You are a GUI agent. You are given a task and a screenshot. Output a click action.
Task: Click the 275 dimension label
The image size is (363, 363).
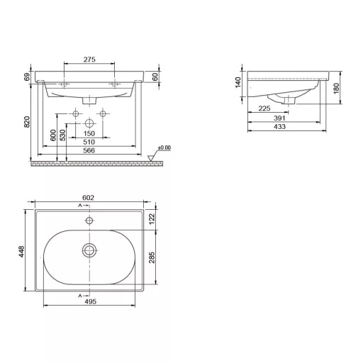[x=89, y=60]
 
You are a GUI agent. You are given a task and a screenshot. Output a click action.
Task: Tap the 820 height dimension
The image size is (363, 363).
[x=27, y=122]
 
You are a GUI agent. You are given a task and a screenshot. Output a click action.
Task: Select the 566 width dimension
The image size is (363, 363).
[x=89, y=150]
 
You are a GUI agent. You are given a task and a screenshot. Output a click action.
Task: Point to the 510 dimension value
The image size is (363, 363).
[x=89, y=142]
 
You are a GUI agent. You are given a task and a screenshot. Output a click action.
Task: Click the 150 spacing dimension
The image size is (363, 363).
[x=89, y=133]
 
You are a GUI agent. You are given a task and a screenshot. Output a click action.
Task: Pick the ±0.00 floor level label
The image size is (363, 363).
[x=164, y=147]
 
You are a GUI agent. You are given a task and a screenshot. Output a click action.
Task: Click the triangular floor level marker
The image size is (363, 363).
[x=150, y=158]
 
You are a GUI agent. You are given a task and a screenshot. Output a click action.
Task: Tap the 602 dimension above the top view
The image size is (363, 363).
[x=88, y=198]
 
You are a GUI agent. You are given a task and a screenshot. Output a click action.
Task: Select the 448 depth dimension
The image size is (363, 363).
[x=21, y=252]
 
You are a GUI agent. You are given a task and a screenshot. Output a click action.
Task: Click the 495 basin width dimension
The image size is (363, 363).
[x=91, y=301]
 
